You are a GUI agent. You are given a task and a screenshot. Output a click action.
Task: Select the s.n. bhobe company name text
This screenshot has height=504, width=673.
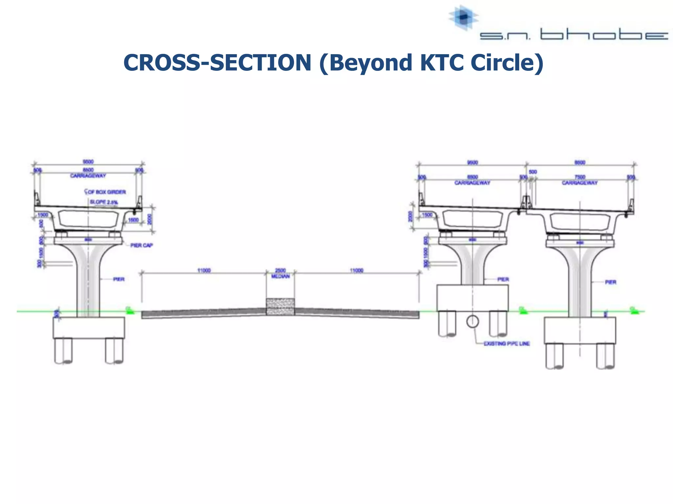click(x=573, y=35)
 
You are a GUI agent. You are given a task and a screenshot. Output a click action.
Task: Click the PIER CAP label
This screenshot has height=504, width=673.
click(x=141, y=245)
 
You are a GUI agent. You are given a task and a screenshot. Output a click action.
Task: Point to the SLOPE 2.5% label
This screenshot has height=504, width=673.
click(x=104, y=202)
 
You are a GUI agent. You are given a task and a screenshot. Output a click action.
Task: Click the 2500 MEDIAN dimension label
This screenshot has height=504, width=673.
click(x=280, y=273)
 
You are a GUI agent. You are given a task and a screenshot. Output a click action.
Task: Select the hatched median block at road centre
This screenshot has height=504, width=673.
click(x=280, y=307)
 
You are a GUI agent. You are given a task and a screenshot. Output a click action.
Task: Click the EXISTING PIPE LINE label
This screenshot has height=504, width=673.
click(x=506, y=344)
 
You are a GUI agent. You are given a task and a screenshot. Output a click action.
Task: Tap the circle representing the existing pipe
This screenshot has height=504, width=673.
click(x=472, y=322)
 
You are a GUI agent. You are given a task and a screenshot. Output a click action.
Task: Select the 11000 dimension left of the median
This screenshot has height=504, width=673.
click(x=204, y=270)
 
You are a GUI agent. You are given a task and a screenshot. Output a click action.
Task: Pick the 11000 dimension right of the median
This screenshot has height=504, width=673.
click(x=357, y=270)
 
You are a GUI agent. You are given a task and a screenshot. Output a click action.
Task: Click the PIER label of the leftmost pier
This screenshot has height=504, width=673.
click(x=119, y=279)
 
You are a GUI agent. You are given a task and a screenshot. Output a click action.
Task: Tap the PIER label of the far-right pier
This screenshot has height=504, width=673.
click(x=610, y=282)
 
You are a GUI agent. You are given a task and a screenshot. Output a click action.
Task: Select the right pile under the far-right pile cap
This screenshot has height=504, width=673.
click(x=605, y=356)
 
